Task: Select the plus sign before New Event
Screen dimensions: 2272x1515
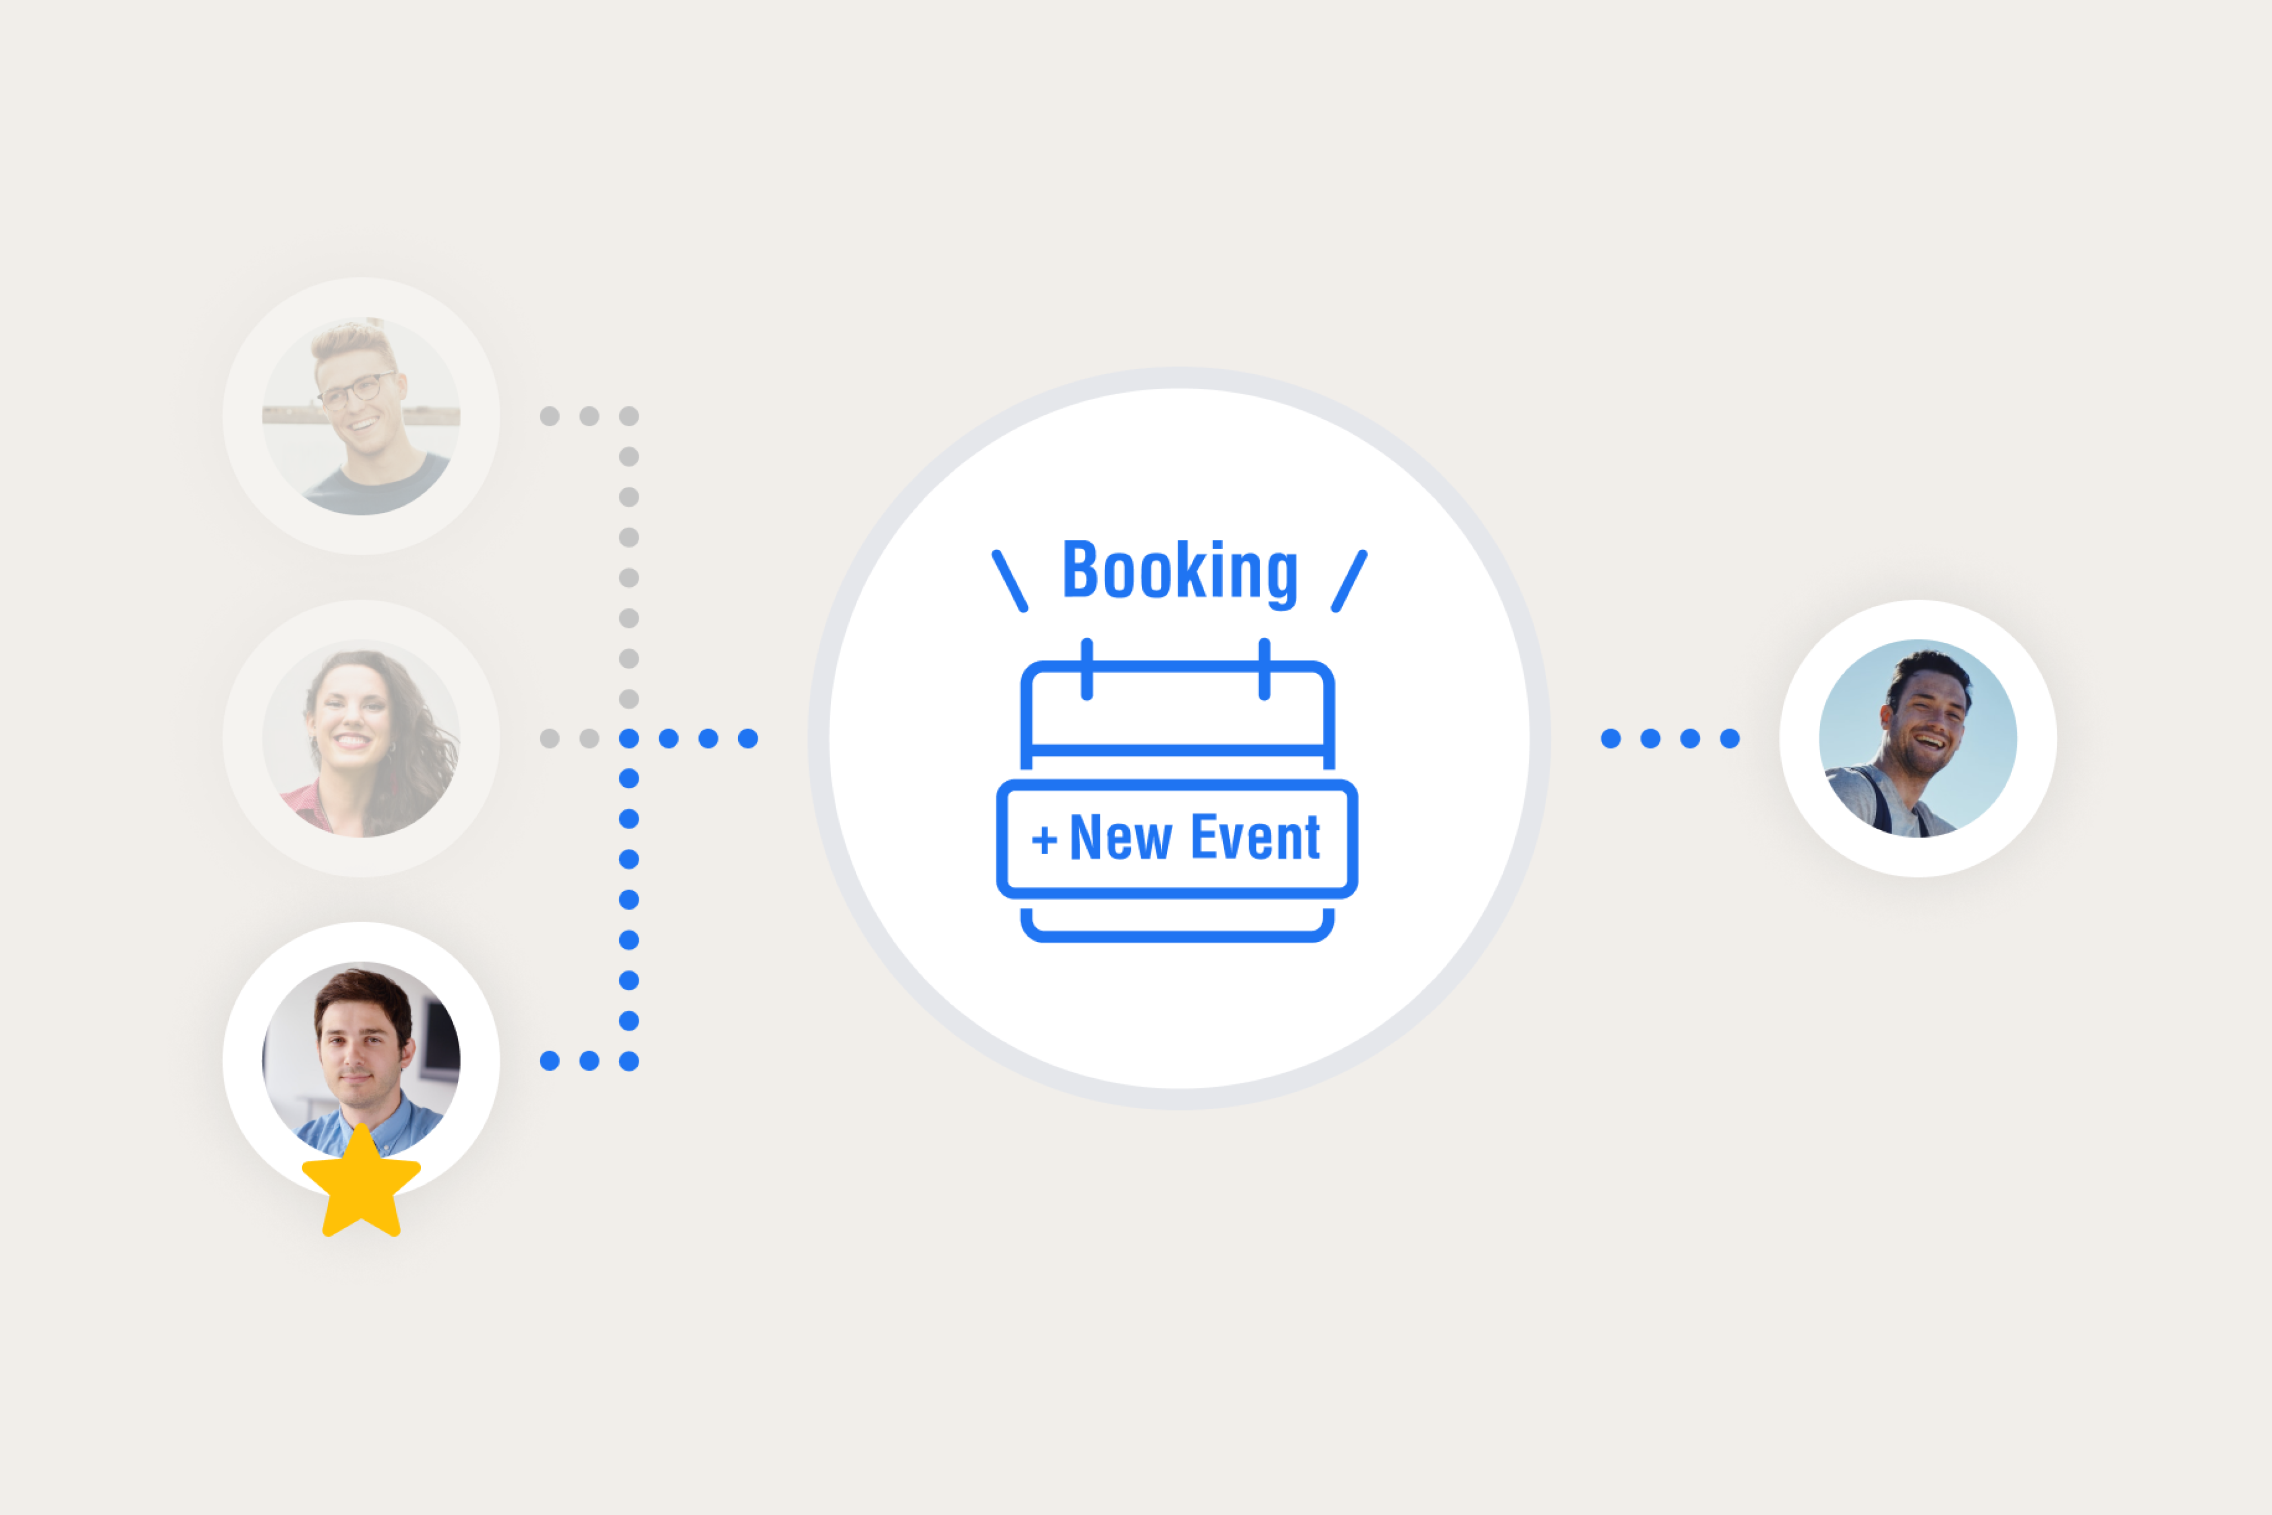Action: click(x=1043, y=840)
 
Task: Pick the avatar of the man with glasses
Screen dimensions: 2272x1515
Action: click(x=361, y=417)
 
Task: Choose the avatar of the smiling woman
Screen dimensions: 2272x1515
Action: click(x=361, y=738)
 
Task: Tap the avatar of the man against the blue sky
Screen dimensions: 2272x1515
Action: click(x=1918, y=738)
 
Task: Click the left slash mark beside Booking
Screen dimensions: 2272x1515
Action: click(x=1009, y=581)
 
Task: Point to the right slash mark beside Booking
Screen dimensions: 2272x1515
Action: click(x=1350, y=581)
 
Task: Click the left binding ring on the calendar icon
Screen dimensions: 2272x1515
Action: click(x=1087, y=668)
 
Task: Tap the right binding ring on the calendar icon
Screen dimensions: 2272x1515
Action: click(x=1264, y=668)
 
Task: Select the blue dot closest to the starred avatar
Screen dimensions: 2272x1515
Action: click(x=549, y=1061)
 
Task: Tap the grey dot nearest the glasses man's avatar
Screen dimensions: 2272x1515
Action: click(x=549, y=417)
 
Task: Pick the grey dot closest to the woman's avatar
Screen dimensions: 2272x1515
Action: click(x=549, y=739)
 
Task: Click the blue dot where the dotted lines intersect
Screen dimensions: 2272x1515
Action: click(x=629, y=739)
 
